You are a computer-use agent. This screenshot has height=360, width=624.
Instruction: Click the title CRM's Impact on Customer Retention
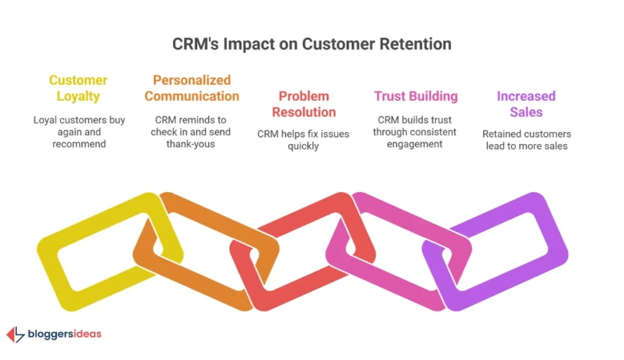coord(311,44)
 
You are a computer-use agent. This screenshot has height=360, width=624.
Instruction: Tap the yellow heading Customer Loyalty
coord(78,88)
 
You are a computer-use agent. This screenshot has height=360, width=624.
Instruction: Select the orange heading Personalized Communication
coord(192,88)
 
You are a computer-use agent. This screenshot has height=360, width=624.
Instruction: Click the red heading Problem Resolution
coord(303,104)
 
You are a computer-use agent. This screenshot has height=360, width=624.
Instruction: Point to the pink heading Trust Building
coord(416,96)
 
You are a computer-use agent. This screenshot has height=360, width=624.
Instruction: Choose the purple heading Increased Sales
coord(526,104)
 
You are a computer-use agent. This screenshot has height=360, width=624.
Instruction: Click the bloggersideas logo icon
coord(15,335)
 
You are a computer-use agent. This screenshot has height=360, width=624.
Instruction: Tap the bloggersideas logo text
coord(64,334)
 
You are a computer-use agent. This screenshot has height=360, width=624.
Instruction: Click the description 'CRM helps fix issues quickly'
coord(303,140)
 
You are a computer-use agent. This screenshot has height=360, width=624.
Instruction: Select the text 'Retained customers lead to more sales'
coord(526,140)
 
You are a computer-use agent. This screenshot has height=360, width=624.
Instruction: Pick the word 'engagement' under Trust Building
coord(415,144)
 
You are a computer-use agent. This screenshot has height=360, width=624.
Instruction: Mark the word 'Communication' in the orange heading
coord(192,96)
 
